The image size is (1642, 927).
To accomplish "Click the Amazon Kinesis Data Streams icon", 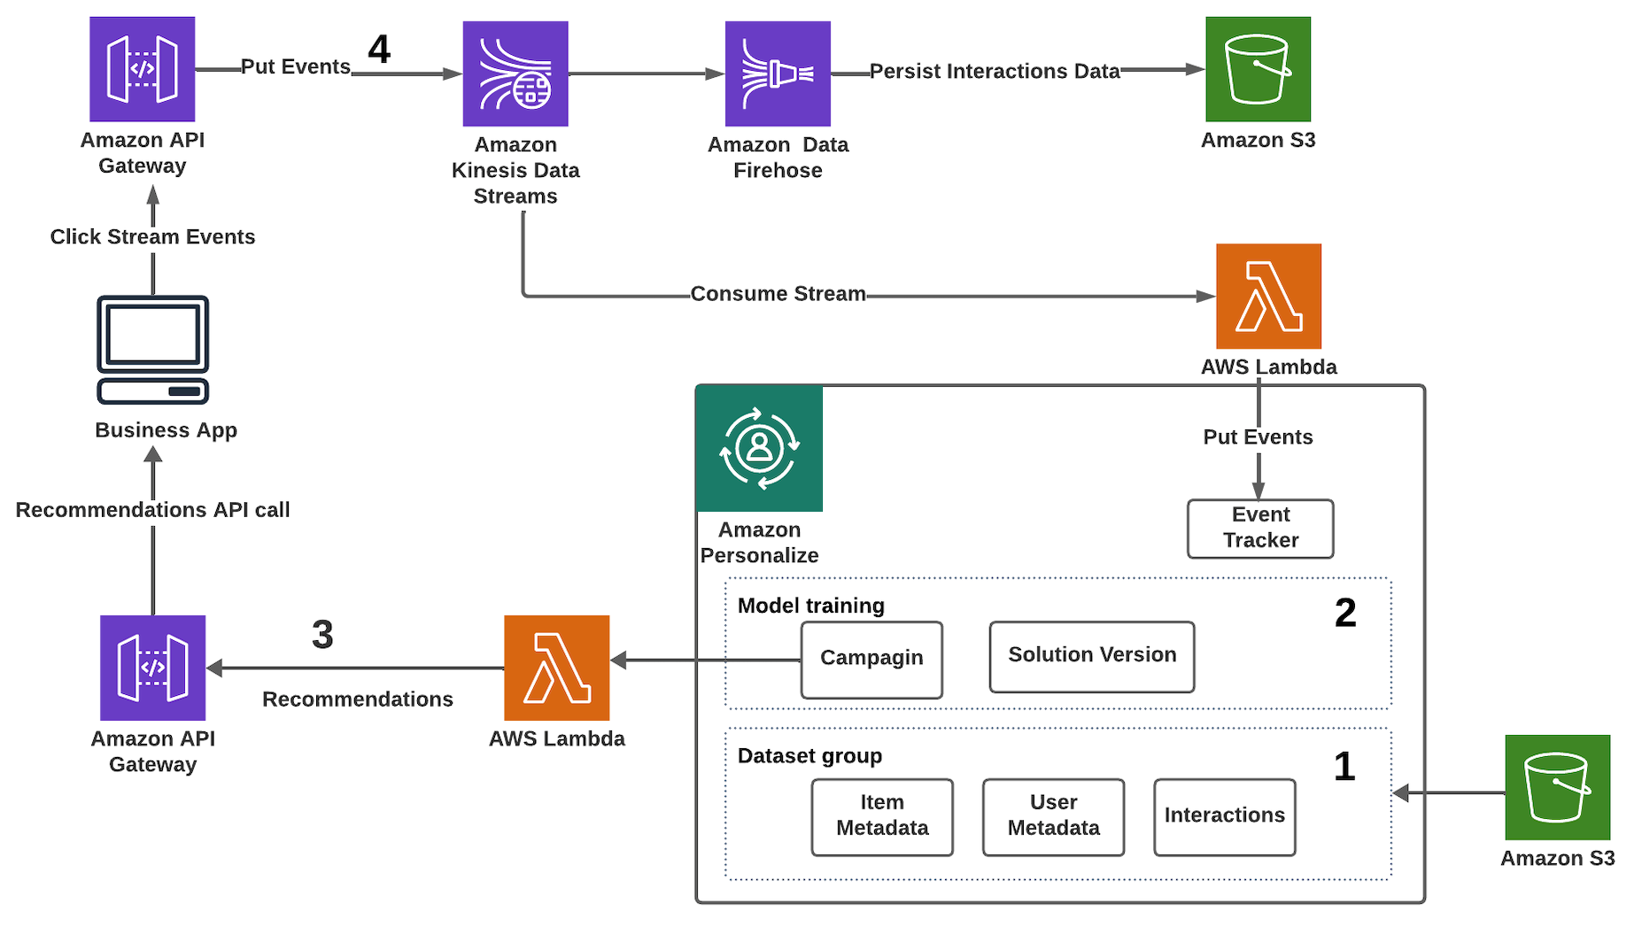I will tap(515, 74).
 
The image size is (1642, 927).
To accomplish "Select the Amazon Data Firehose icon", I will tap(778, 74).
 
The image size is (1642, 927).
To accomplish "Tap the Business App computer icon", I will tap(152, 350).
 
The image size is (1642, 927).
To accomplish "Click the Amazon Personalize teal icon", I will tap(760, 448).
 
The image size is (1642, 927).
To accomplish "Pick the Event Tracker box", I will tap(1260, 529).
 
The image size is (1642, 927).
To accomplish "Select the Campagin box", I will tap(871, 660).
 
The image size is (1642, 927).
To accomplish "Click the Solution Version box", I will tap(1092, 656).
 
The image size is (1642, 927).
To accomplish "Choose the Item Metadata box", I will tap(882, 816).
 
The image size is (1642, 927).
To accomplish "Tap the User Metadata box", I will tap(1053, 816).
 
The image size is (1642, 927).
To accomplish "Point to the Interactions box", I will tap(1224, 816).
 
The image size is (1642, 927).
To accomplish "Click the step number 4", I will tap(379, 50).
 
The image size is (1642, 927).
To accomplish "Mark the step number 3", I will tap(322, 634).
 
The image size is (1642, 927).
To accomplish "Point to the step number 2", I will tap(1345, 613).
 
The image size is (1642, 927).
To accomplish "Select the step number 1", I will tap(1344, 766).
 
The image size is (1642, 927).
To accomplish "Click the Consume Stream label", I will tap(778, 294).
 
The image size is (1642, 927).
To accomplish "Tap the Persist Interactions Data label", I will tap(995, 72).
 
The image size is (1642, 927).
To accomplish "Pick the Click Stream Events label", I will tap(152, 237).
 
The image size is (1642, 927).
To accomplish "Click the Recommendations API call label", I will tap(152, 510).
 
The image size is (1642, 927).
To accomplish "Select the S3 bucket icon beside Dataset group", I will tap(1557, 787).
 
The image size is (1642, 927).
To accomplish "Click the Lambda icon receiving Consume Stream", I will tap(1268, 297).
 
